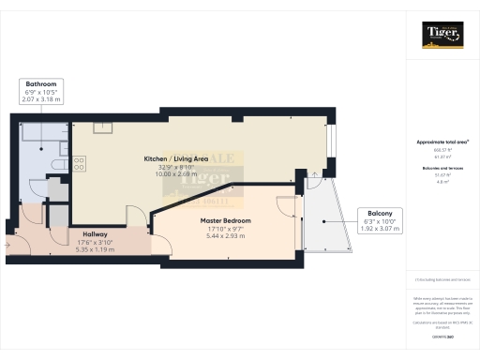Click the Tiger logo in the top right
point(442,36)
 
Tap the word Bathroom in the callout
point(40,84)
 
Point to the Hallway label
point(94,234)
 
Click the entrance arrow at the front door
point(9,247)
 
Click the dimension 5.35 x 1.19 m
point(94,250)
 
